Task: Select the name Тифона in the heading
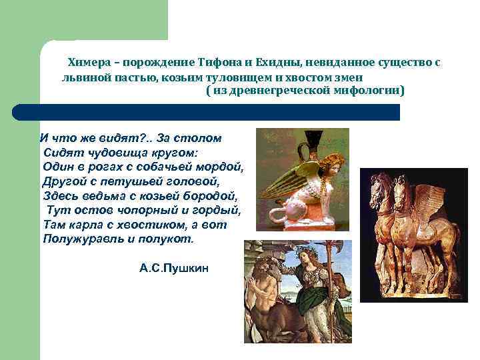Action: pyautogui.click(x=220, y=63)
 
